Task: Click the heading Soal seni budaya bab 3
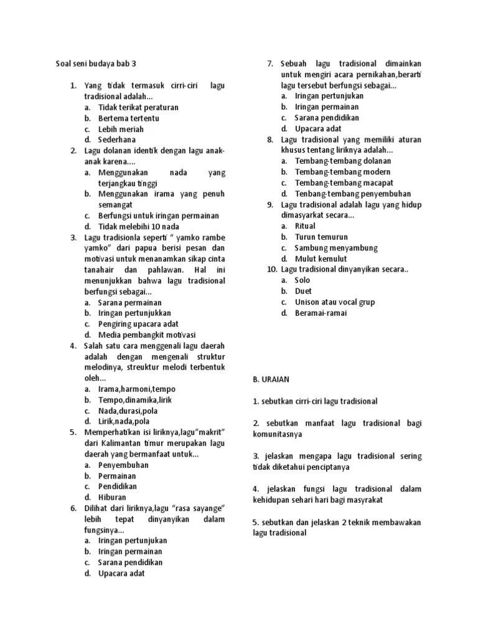(x=96, y=64)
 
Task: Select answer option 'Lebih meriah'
(x=121, y=129)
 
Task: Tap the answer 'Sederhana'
(x=116, y=140)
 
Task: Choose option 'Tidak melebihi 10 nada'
(x=139, y=226)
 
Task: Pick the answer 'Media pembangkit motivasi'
(x=146, y=335)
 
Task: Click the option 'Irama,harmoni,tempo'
(x=137, y=389)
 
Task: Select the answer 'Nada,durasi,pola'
(x=128, y=411)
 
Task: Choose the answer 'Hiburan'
(x=112, y=497)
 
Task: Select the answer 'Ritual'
(x=305, y=226)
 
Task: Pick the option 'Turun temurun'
(x=321, y=237)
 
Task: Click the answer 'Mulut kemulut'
(x=321, y=259)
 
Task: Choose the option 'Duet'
(x=303, y=291)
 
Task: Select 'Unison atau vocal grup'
(x=334, y=302)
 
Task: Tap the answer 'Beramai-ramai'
(x=321, y=313)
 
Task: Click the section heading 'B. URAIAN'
(x=271, y=379)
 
